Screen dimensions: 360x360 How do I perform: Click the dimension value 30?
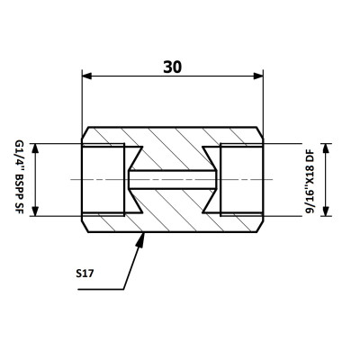point(172,67)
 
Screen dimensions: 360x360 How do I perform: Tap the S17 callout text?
point(85,274)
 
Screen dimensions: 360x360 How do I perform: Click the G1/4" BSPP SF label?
point(19,176)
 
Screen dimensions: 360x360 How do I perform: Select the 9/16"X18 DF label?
point(310,182)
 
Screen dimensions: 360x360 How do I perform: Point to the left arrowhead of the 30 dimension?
point(87,76)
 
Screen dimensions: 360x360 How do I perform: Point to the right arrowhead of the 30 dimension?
point(258,76)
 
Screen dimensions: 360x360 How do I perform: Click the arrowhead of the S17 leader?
point(141,239)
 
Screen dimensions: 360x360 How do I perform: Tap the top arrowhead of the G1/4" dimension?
point(35,148)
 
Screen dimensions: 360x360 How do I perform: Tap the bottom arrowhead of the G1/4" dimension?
point(35,211)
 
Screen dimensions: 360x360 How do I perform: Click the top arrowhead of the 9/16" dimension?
point(326,148)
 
